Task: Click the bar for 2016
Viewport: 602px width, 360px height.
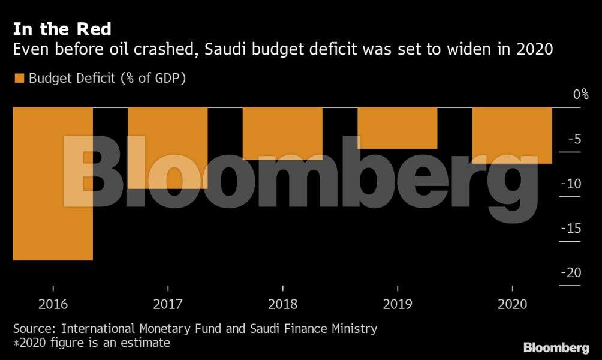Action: pos(53,184)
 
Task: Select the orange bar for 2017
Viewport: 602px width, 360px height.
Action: pos(168,148)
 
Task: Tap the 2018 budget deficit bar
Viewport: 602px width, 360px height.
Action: pos(282,133)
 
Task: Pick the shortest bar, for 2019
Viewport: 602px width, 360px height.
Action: pos(397,128)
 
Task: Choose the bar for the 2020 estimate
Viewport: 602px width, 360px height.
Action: pos(512,135)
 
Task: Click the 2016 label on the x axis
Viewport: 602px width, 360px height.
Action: pos(53,304)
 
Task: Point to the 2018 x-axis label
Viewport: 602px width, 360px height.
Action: pos(282,304)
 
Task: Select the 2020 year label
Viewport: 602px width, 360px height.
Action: pos(512,304)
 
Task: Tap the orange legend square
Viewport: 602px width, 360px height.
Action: pos(19,79)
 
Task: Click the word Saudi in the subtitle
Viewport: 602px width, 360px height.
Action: pos(225,50)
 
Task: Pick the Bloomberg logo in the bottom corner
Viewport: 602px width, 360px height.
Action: pos(556,347)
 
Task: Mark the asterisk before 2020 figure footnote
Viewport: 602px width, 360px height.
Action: pos(16,343)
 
